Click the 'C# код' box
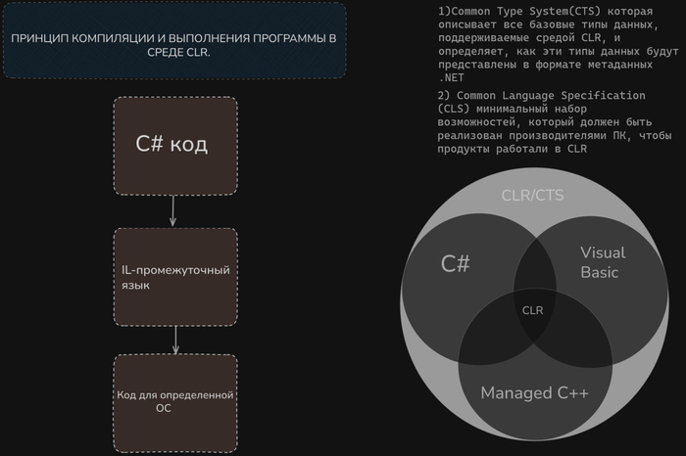pos(175,145)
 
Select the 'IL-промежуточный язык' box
pos(175,277)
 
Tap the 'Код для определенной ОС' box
pos(175,401)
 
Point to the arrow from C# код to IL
pos(173,210)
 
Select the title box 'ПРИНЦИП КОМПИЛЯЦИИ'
pos(173,40)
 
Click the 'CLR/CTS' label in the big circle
pos(532,195)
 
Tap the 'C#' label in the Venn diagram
pos(455,262)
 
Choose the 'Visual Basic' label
pos(601,262)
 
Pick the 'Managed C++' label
pos(534,392)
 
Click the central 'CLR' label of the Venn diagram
pos(532,310)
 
